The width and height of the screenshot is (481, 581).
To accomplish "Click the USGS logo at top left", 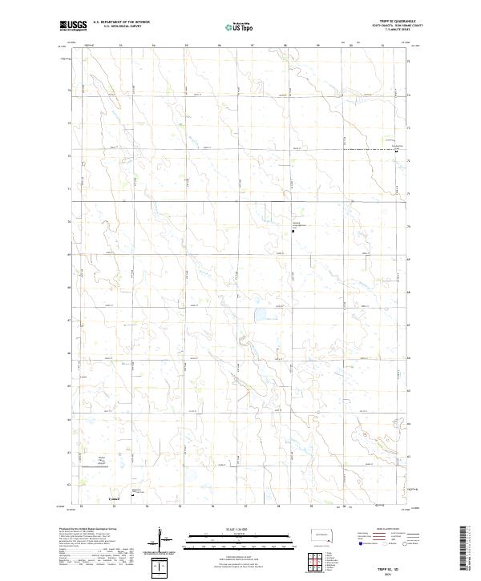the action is click(x=73, y=26).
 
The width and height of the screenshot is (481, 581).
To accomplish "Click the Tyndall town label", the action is click(x=113, y=498).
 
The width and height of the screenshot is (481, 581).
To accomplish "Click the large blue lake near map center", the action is click(x=261, y=315).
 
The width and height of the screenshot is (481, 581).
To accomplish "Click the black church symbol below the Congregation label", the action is click(x=292, y=231).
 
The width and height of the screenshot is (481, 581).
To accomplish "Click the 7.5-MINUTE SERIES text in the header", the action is click(x=396, y=32).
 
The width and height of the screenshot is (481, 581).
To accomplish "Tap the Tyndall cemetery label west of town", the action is click(x=102, y=460).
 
